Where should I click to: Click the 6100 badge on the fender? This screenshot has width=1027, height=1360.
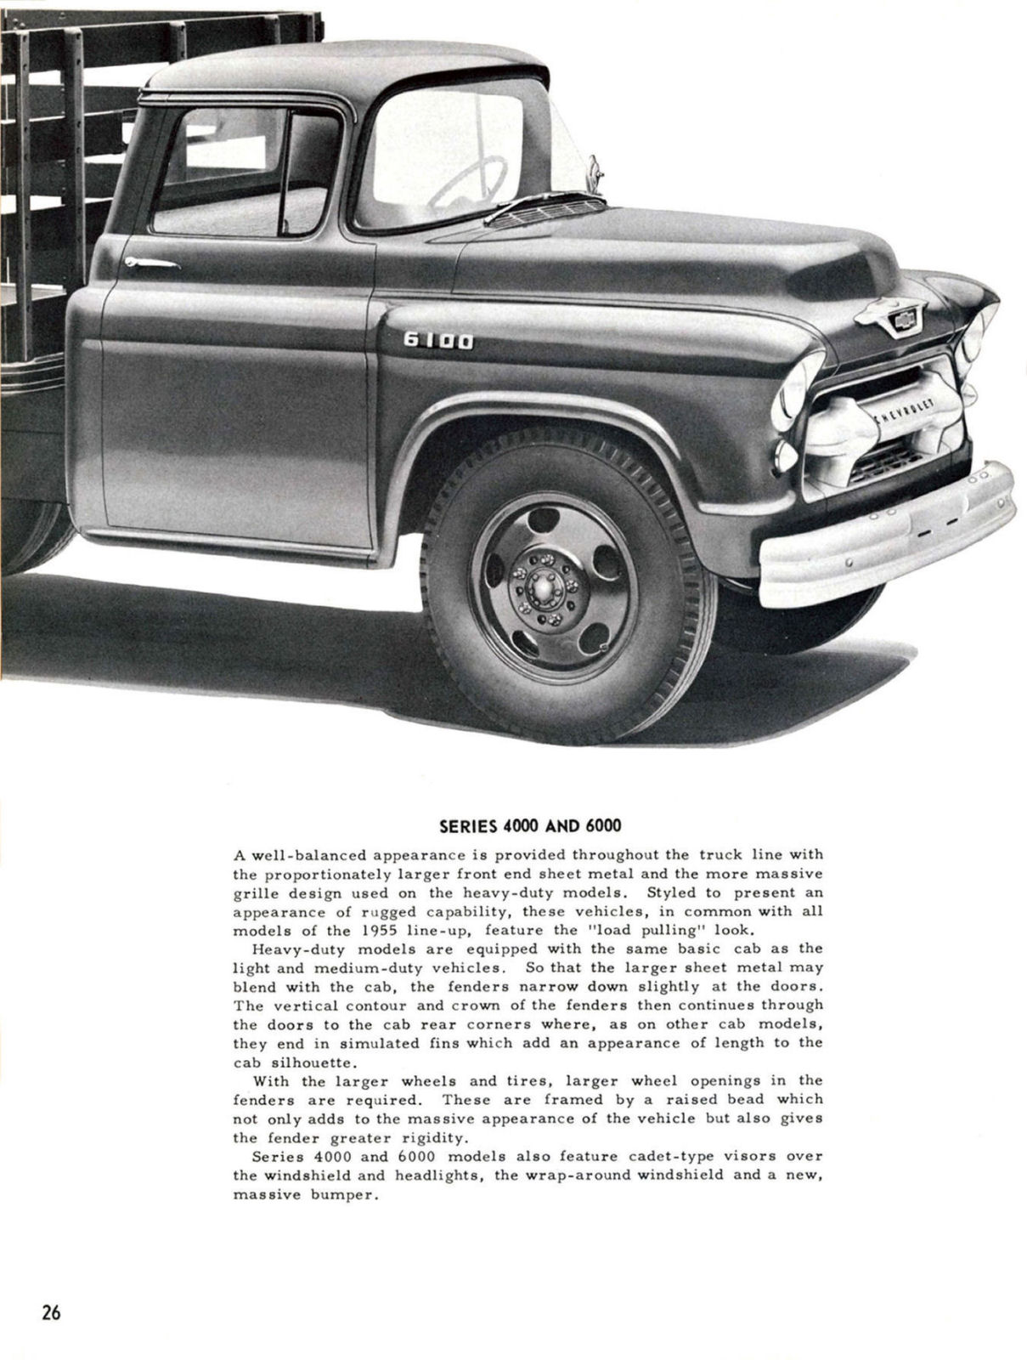point(437,342)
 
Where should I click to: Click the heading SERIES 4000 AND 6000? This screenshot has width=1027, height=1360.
point(530,825)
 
